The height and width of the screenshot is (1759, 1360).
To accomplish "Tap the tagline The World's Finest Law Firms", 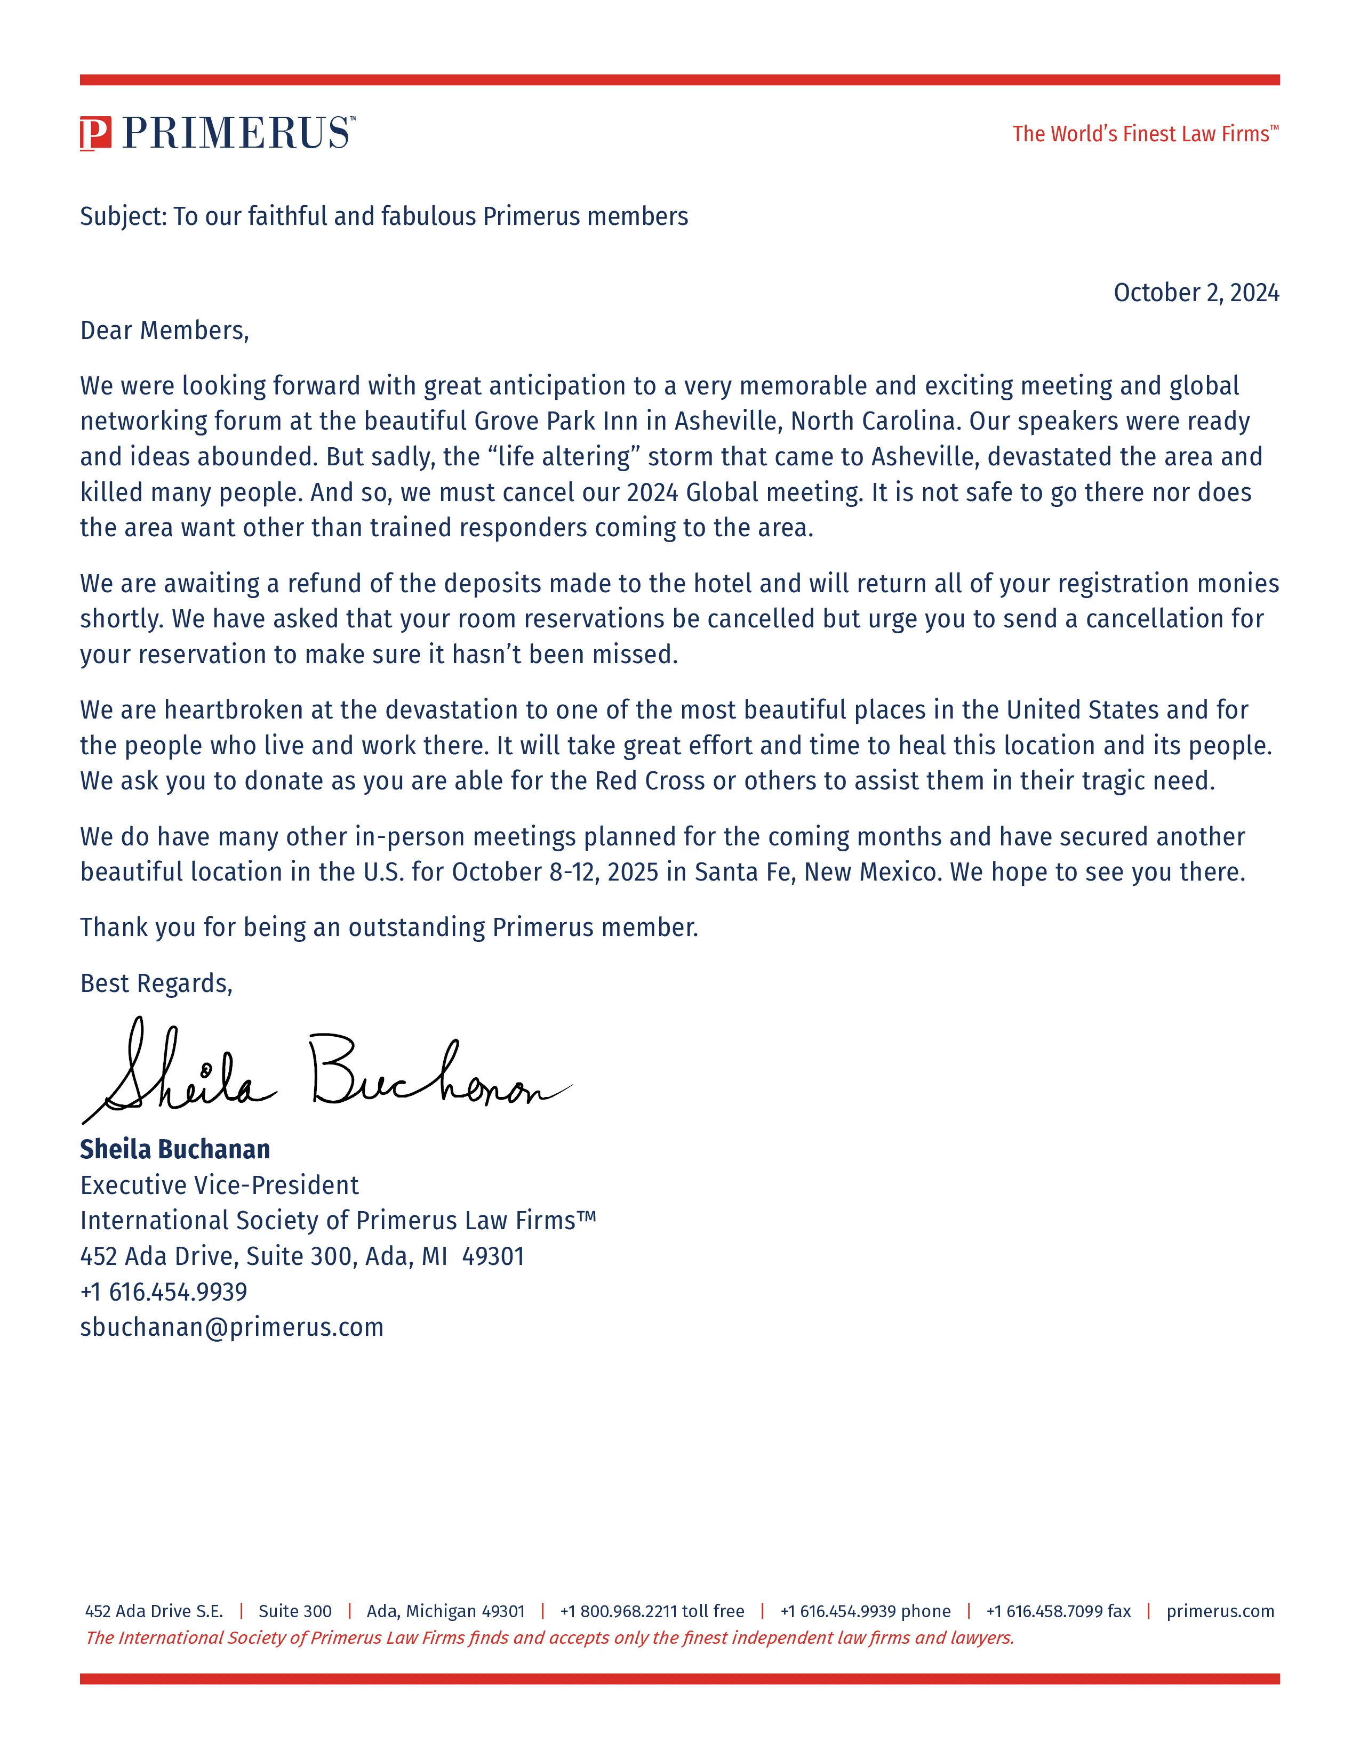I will (x=1144, y=134).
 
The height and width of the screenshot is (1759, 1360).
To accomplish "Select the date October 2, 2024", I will (x=1196, y=292).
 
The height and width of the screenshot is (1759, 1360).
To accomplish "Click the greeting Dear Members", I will (x=164, y=330).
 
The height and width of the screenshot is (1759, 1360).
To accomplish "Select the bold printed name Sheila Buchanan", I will (x=175, y=1149).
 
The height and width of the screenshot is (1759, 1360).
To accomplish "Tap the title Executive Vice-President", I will (x=219, y=1185).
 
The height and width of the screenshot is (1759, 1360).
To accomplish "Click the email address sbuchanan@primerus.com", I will (x=232, y=1327).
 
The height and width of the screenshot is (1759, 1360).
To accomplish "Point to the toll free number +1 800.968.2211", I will (x=652, y=1611).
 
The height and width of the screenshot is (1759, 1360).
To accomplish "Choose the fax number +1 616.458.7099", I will (x=1058, y=1611).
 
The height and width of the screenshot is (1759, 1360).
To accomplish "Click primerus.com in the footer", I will (x=1220, y=1611).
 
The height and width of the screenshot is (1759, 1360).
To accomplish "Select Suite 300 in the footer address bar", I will (x=295, y=1611).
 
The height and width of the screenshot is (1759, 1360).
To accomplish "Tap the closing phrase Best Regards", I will (x=156, y=983).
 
